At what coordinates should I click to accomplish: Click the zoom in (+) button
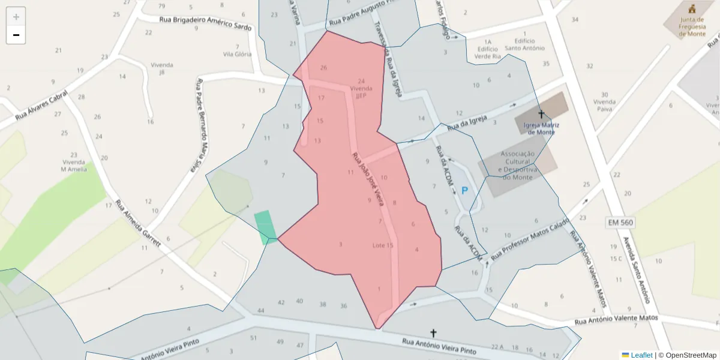pos(16,17)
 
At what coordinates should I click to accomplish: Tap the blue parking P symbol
pos(464,191)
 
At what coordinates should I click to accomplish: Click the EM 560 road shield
pos(620,223)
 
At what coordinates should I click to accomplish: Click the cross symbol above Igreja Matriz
pos(541,114)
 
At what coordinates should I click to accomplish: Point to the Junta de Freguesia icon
pos(692,9)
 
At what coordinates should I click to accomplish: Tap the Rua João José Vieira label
pos(368,178)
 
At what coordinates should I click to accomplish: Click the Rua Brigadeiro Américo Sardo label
pos(205,23)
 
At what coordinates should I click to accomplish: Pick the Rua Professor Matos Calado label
pos(530,238)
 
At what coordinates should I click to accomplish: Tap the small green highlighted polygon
pos(265,227)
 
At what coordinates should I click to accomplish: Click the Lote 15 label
pos(383,245)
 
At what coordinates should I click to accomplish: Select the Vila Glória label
pos(237,54)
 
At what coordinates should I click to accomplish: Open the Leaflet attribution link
pos(641,355)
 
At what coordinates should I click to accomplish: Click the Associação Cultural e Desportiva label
pos(517,165)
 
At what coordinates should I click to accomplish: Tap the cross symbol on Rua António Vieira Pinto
pos(433,332)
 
